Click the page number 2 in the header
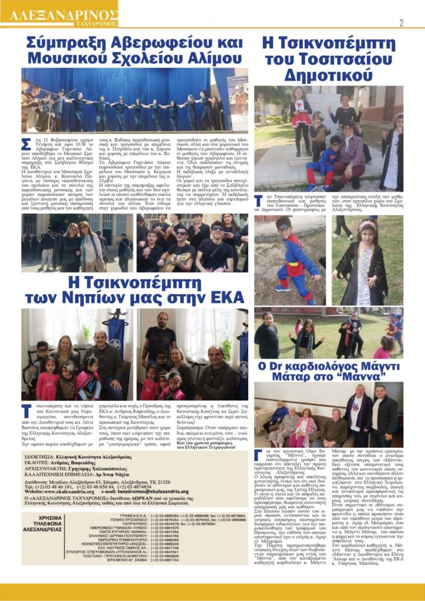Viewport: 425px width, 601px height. [x=402, y=23]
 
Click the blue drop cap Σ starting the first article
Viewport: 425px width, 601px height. [x=25, y=145]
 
